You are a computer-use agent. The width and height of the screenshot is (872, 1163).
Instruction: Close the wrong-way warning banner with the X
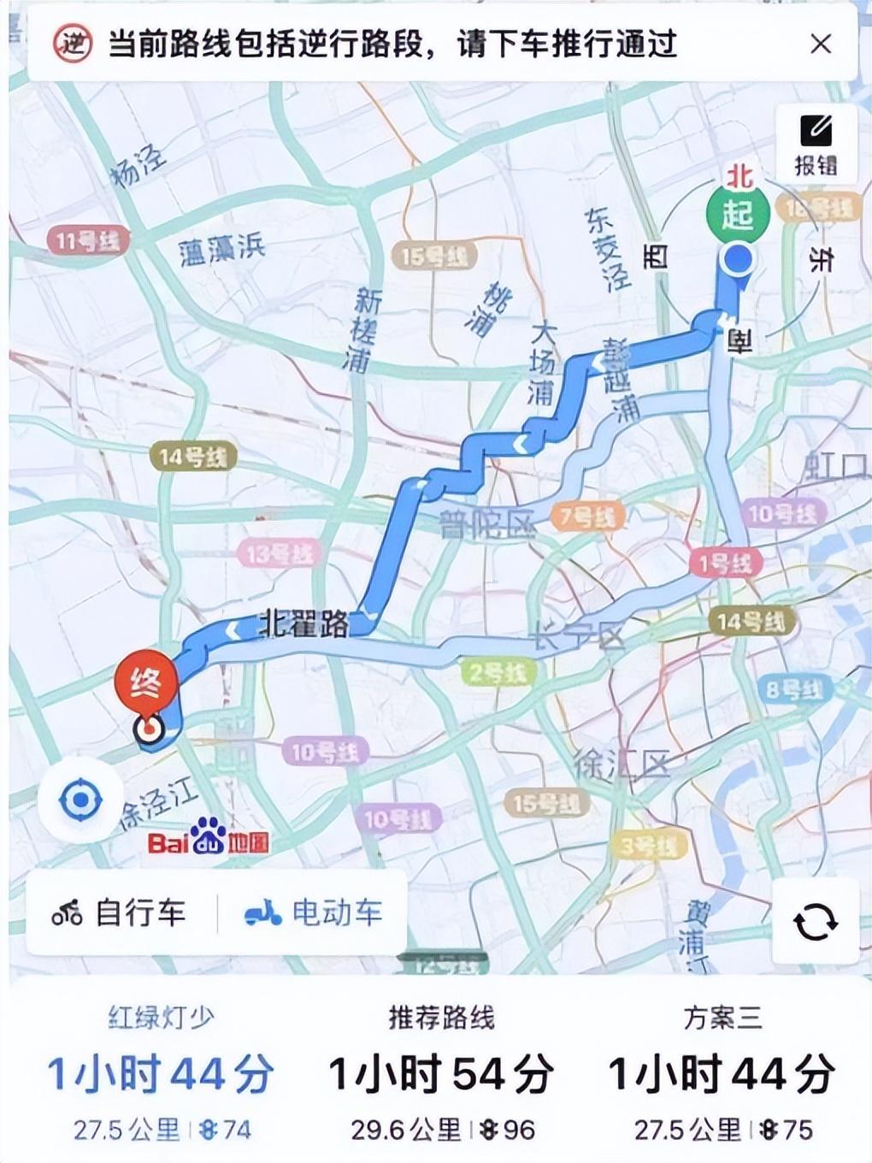click(x=820, y=44)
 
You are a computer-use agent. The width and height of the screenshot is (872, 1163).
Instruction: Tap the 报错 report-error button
click(x=815, y=145)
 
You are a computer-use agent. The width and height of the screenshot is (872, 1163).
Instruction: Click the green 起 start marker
click(x=737, y=214)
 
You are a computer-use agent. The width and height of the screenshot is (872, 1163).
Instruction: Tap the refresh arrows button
click(x=815, y=922)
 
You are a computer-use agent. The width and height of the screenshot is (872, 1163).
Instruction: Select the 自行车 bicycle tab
click(x=120, y=912)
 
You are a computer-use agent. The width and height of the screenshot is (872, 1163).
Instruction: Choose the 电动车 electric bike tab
click(x=314, y=912)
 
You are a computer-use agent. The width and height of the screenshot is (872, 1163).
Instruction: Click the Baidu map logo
click(x=209, y=839)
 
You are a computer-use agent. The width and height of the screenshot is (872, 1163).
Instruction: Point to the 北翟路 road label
click(x=303, y=625)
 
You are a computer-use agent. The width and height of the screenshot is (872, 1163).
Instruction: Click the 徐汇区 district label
click(x=621, y=764)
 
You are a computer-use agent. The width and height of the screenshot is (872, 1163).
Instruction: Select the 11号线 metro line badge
click(x=88, y=241)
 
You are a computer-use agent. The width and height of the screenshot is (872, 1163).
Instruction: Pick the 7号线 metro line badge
click(x=588, y=517)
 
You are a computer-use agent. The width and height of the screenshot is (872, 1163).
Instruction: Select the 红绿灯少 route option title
click(x=161, y=1018)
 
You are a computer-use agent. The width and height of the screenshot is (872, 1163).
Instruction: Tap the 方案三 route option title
click(x=722, y=1018)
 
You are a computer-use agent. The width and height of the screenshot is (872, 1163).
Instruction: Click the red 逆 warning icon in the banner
click(x=73, y=43)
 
